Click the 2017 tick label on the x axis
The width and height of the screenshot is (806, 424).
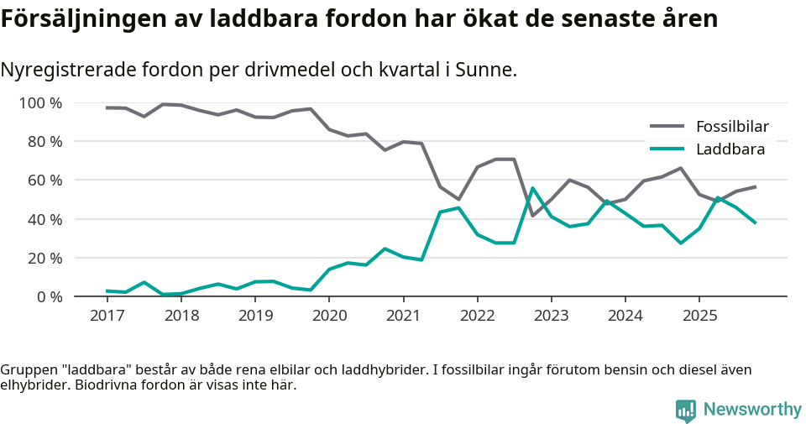(107, 316)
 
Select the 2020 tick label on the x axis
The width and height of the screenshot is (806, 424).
(329, 316)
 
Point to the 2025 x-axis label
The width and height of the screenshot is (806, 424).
(700, 316)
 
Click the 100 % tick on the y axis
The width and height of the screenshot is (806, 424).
(40, 103)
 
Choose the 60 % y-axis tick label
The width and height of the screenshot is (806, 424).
(44, 181)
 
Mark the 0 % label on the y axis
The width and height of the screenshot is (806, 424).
(48, 296)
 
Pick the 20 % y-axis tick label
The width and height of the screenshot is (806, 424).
(44, 258)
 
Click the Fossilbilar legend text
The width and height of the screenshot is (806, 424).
(732, 128)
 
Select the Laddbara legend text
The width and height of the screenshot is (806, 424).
(730, 150)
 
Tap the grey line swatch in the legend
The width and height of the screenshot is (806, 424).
(667, 128)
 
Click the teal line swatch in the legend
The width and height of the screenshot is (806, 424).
(667, 150)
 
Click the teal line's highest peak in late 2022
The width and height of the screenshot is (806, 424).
(532, 188)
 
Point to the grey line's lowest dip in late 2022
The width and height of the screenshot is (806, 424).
(532, 216)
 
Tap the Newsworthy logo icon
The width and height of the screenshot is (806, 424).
(686, 410)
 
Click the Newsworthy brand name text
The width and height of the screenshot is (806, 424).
(752, 410)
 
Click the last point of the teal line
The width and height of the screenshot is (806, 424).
(756, 223)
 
